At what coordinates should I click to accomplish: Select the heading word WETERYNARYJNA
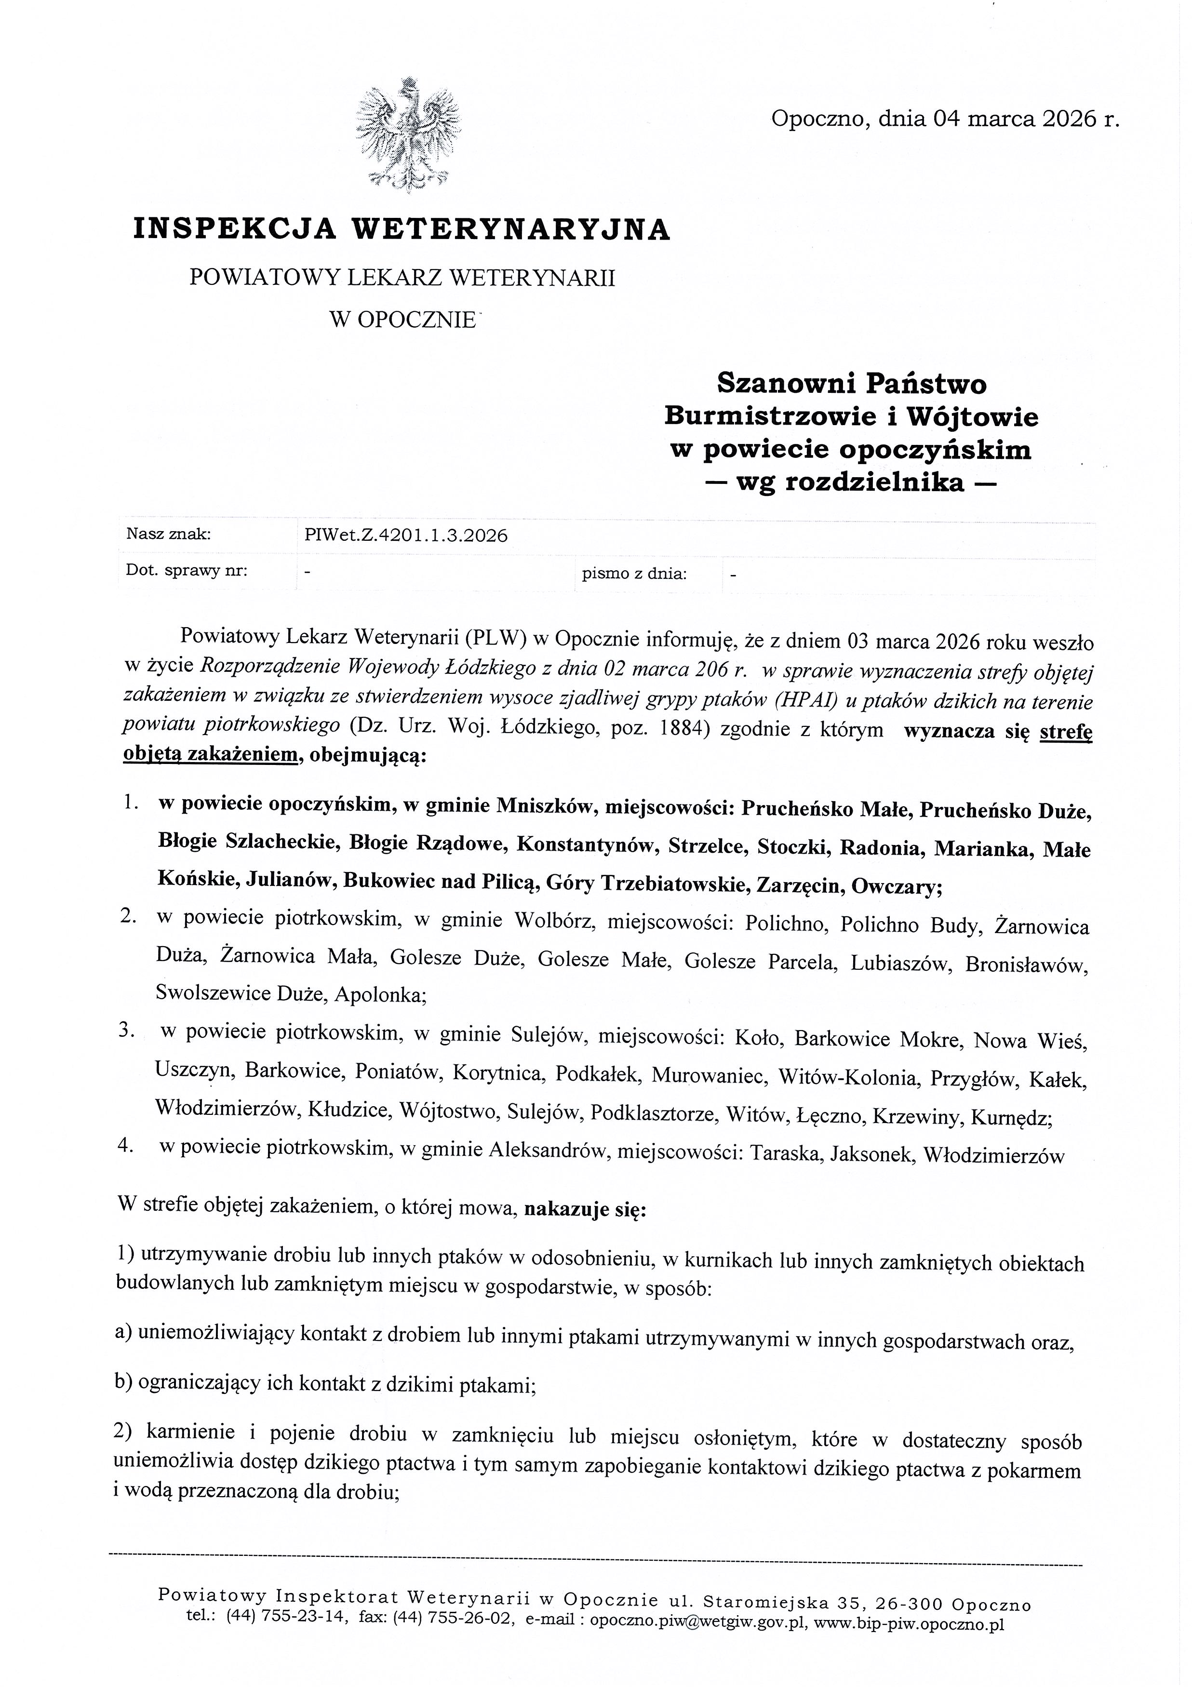(512, 229)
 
